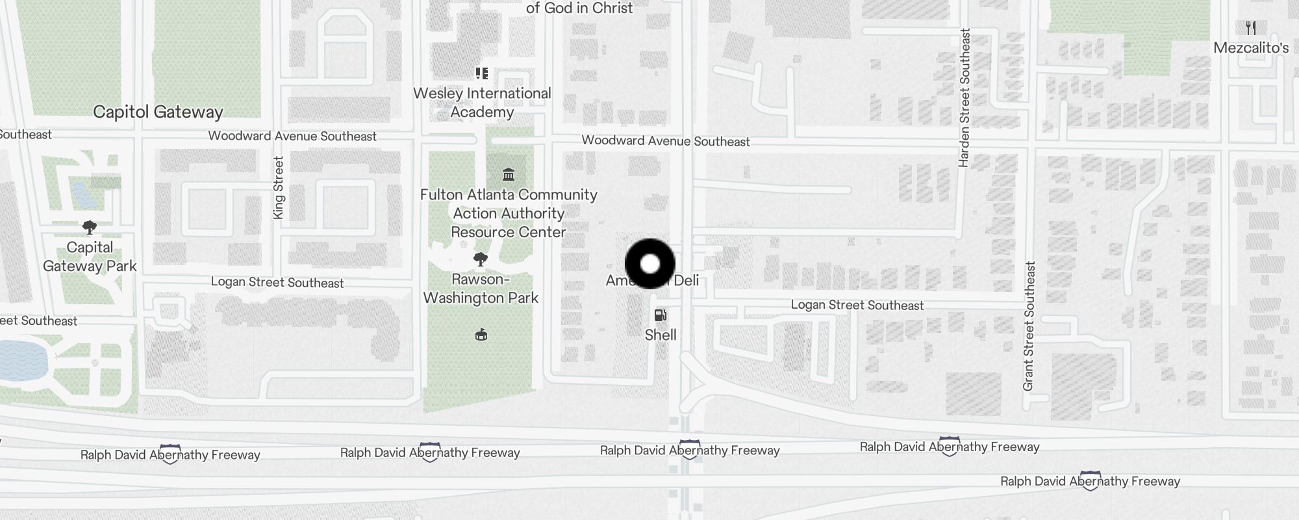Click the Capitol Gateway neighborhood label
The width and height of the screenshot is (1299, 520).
(158, 112)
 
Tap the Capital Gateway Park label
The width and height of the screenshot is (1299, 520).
(90, 257)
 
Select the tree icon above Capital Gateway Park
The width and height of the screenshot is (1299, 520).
(90, 227)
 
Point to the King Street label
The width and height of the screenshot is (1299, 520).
(279, 188)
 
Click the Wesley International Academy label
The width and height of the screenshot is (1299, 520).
(482, 103)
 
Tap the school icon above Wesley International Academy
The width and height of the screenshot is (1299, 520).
(482, 73)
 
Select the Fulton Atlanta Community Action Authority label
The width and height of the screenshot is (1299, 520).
(509, 213)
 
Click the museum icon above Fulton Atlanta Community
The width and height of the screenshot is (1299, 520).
(509, 174)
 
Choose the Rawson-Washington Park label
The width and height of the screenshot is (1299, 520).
(481, 289)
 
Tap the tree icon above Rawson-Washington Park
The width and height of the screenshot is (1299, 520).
(481, 260)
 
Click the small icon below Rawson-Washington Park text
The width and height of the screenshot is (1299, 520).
(481, 335)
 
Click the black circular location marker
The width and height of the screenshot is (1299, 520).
(650, 264)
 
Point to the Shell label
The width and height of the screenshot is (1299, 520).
(661, 335)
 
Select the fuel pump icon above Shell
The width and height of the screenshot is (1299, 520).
(661, 316)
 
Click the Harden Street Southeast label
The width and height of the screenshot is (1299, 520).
(965, 97)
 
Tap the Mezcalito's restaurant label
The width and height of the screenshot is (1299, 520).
(1251, 48)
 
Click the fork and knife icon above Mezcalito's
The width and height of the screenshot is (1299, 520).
(1251, 28)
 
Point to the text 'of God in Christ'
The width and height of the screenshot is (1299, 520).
(579, 8)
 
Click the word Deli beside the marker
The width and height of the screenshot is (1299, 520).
(686, 281)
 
